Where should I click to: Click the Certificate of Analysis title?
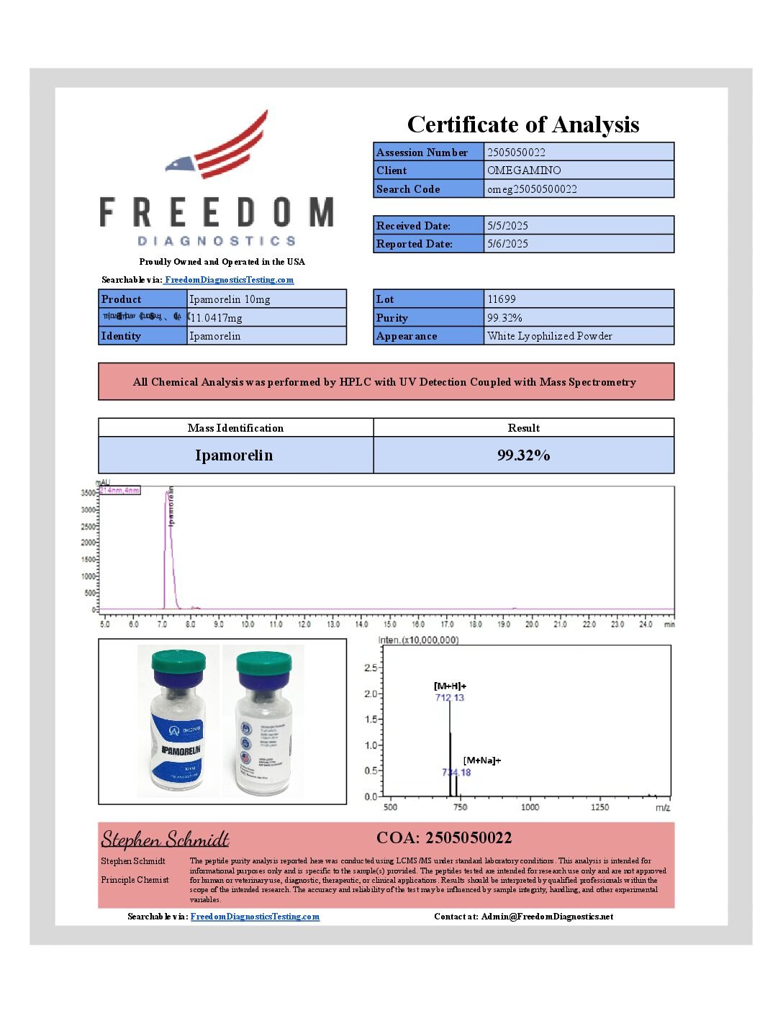click(x=523, y=124)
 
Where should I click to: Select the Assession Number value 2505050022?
click(x=516, y=153)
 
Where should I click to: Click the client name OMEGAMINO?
click(x=524, y=171)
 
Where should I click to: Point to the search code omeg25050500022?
click(x=532, y=189)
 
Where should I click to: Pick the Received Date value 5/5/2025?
click(x=507, y=226)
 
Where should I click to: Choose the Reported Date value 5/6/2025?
click(x=507, y=244)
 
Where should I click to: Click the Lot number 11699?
click(x=502, y=299)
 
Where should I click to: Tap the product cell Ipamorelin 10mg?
click(x=230, y=299)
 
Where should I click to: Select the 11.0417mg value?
click(x=217, y=318)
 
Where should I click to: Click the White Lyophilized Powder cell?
click(x=550, y=336)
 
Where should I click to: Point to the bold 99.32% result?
click(x=523, y=455)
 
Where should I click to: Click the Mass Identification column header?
click(x=235, y=428)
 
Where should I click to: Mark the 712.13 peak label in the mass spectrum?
click(x=450, y=698)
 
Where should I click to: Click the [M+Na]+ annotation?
click(x=482, y=760)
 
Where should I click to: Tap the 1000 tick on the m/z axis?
click(x=530, y=807)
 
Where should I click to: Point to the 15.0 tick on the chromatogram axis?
click(x=390, y=624)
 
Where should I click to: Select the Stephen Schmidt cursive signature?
click(x=165, y=839)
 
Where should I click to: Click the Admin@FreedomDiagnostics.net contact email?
click(x=547, y=917)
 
